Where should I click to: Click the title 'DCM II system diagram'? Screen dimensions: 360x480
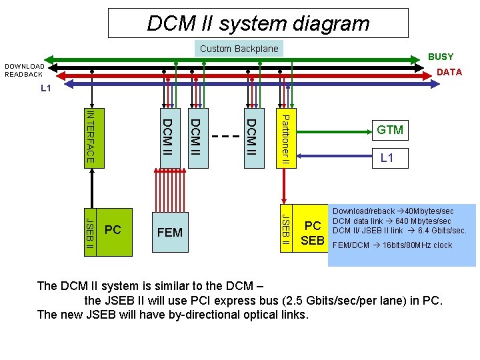[258, 23]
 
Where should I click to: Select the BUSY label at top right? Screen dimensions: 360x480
[441, 57]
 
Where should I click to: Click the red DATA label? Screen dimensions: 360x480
[449, 72]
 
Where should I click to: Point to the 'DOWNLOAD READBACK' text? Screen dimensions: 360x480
[25, 70]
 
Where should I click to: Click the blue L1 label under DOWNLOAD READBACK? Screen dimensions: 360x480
[46, 88]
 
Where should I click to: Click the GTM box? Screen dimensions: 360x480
[390, 130]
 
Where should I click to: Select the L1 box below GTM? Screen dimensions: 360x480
[387, 158]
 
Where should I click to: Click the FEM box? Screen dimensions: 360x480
[170, 232]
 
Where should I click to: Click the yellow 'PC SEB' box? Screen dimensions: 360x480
[312, 232]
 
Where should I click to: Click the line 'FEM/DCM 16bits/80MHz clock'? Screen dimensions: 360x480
[392, 245]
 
